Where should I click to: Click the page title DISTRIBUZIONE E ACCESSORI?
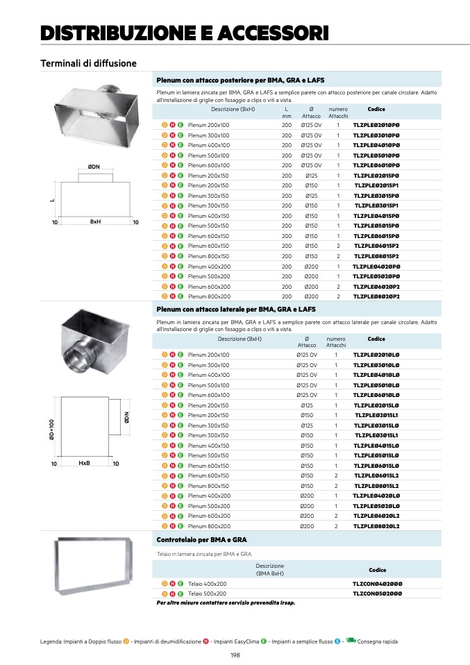pos(185,33)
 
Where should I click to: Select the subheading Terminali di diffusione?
pos(88,64)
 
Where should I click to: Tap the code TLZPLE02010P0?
pos(376,125)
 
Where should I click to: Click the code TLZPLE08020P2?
pos(376,296)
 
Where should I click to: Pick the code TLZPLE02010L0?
pos(376,355)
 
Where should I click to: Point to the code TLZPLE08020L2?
pos(376,526)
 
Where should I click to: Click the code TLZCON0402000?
pos(377,584)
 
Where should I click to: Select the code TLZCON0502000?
pos(377,594)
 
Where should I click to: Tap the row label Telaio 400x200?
pos(208,584)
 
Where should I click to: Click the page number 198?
pos(235,655)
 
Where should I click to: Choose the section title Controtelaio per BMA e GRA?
pos(202,539)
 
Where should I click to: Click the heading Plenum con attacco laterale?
pos(236,309)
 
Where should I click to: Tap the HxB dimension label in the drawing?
pos(85,463)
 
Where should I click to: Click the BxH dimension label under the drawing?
pos(96,222)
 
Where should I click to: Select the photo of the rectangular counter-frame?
pos(94,566)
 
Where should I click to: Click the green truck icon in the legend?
pos(351,641)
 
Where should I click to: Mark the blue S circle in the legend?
pos(337,641)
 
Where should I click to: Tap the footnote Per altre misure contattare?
pos(226,603)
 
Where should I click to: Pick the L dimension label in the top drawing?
pos(51,200)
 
